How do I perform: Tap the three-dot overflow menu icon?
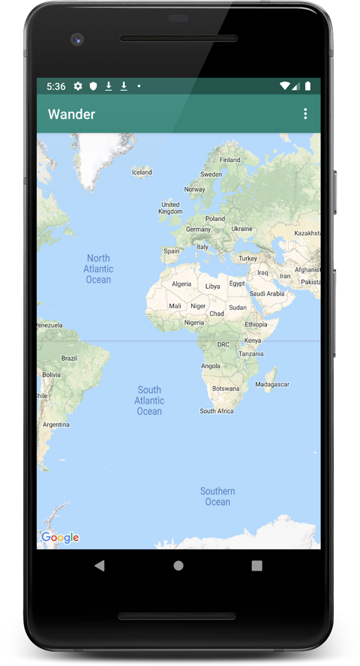pos(305,114)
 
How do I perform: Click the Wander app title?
pos(71,114)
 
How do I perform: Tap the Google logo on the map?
pos(60,537)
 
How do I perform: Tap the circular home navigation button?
pos(178,565)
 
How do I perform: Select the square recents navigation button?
pos(257,565)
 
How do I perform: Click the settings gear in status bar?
pos(78,86)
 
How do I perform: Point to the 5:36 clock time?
pos(55,86)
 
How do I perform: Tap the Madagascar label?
pos(271,384)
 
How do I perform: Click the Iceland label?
pos(142,172)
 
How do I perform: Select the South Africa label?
pos(217,411)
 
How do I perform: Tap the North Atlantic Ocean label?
pos(98,269)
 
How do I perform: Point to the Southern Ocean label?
pos(217,496)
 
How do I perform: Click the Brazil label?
pos(69,358)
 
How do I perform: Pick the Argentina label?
pos(56,424)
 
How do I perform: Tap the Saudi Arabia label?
pos(267,293)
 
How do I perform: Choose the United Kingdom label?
pos(170,208)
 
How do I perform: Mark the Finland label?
pos(230,160)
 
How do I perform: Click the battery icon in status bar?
pos(307,86)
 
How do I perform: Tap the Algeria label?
pos(181,284)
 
